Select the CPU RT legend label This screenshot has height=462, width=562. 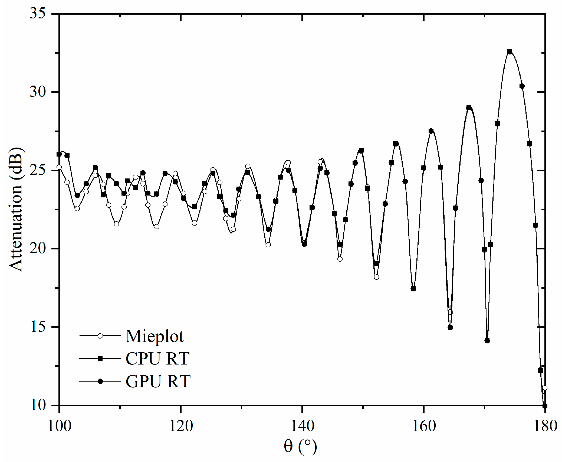(x=157, y=359)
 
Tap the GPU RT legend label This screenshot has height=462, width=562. (x=158, y=382)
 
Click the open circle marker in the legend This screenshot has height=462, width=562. (x=100, y=336)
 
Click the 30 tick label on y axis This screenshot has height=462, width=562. (x=38, y=92)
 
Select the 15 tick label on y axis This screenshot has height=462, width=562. (x=38, y=327)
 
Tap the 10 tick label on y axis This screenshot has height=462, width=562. (x=38, y=405)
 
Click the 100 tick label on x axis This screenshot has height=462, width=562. (x=59, y=426)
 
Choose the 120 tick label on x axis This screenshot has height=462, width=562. (x=181, y=426)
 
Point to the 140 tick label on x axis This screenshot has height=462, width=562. (x=302, y=426)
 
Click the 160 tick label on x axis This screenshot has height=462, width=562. (x=424, y=426)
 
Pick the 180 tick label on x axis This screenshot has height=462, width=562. (x=545, y=426)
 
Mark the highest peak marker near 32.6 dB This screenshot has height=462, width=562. (x=510, y=51)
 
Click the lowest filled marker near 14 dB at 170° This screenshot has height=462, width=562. (x=487, y=341)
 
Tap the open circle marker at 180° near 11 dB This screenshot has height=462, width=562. (x=545, y=388)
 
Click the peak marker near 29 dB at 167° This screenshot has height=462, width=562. (x=469, y=108)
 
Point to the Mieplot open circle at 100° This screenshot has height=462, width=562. (x=59, y=167)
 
